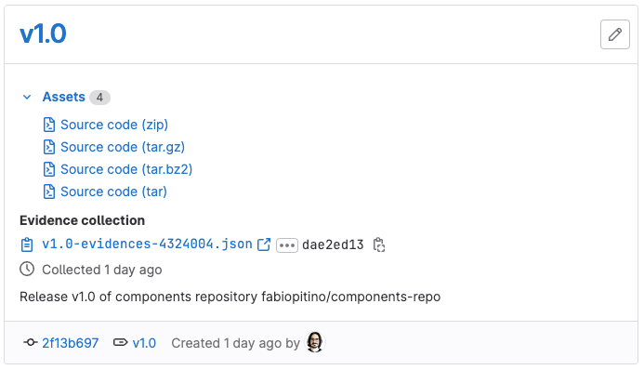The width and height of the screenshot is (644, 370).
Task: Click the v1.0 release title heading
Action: pos(43,34)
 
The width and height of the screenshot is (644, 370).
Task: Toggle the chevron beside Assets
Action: pos(27,97)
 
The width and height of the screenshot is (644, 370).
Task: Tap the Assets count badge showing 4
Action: pos(99,98)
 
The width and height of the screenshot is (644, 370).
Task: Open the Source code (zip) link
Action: pos(114,125)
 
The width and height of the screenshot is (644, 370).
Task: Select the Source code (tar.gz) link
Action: pos(123,147)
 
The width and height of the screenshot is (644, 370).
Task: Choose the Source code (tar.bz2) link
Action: pos(126,169)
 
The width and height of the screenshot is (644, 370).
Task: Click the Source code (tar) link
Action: pos(113,192)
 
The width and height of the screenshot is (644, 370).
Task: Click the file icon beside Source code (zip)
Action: pos(49,125)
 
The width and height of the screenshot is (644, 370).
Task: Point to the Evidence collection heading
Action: pos(82,220)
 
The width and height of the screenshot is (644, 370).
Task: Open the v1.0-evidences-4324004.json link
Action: pos(147,244)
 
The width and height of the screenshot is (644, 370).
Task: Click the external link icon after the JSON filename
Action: pos(264,244)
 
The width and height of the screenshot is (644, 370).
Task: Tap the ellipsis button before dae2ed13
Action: pos(286,245)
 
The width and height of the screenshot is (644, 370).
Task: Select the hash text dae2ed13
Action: pos(333,244)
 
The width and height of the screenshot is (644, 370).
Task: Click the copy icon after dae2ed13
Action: pos(379,245)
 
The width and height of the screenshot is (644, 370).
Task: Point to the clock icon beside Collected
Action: pos(27,270)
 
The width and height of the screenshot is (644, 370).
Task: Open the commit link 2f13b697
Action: pos(70,343)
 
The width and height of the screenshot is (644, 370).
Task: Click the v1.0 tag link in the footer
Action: pos(144,343)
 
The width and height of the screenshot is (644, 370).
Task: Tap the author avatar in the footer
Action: pos(315,342)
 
